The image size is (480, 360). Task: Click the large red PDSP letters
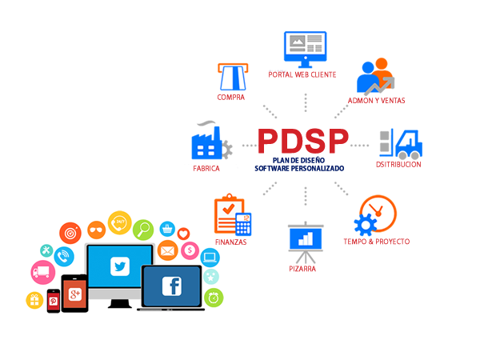point(303,142)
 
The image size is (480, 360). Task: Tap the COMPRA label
point(231,98)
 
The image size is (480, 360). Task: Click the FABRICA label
point(206,170)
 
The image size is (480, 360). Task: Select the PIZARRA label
point(303,270)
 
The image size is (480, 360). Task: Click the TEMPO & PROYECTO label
point(376,241)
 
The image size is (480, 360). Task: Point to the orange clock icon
point(378,213)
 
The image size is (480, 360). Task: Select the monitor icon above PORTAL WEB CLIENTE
point(305,48)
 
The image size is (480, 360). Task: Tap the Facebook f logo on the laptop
point(171,286)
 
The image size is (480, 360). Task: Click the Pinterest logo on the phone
point(54,301)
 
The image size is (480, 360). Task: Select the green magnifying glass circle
point(144,230)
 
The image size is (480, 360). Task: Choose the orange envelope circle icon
point(167,252)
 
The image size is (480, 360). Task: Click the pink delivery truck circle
point(42,272)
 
